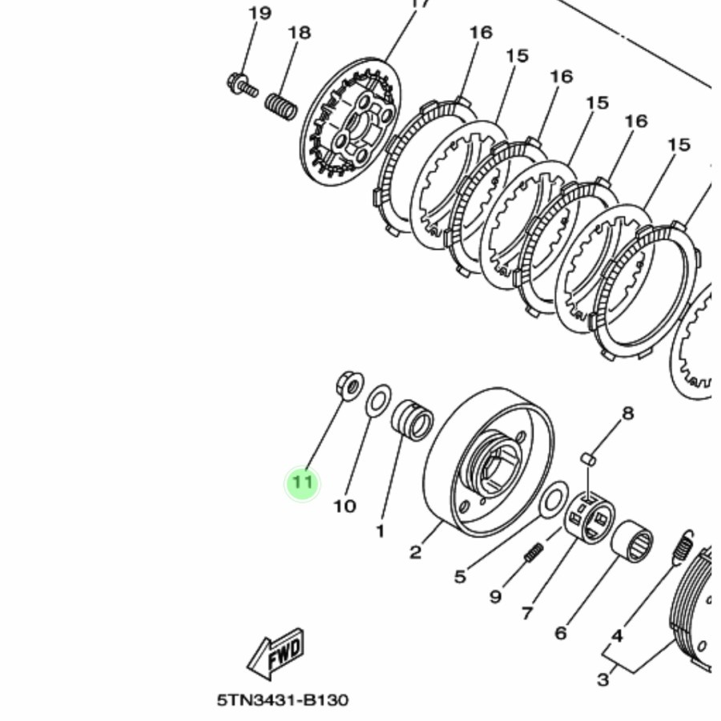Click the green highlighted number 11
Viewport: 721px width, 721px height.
[x=302, y=483]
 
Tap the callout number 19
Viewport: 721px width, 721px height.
[x=260, y=13]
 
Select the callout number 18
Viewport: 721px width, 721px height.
[x=300, y=33]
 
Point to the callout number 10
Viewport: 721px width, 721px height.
[x=344, y=506]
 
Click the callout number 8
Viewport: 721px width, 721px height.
[x=627, y=413]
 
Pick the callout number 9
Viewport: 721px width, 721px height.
[x=495, y=596]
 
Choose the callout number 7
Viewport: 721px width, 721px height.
[x=527, y=613]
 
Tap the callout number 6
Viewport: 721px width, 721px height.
[x=561, y=633]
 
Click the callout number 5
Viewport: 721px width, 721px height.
[x=461, y=576]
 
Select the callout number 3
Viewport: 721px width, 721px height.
[x=602, y=679]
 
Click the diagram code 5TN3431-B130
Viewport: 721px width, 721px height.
[x=283, y=700]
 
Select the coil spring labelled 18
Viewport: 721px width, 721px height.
[x=281, y=107]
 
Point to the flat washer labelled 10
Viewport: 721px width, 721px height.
[x=379, y=400]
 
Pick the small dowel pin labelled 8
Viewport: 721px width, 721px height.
[x=589, y=459]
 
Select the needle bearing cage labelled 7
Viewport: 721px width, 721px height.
[x=590, y=517]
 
